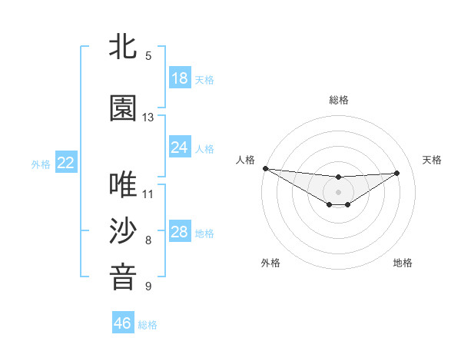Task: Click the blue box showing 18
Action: click(x=180, y=78)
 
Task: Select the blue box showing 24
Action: click(x=180, y=147)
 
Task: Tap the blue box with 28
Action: click(x=180, y=232)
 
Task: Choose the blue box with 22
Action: click(x=66, y=163)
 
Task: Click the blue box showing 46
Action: click(x=123, y=323)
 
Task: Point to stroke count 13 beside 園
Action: click(x=148, y=118)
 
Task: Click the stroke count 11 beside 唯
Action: click(x=148, y=194)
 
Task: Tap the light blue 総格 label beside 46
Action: click(x=148, y=324)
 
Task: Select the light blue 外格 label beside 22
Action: click(x=41, y=164)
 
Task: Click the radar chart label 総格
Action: click(x=339, y=100)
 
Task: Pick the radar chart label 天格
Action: click(x=433, y=160)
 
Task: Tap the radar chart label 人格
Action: click(x=245, y=160)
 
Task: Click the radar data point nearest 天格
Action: click(x=397, y=173)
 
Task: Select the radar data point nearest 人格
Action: click(x=265, y=168)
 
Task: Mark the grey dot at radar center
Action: click(x=339, y=191)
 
